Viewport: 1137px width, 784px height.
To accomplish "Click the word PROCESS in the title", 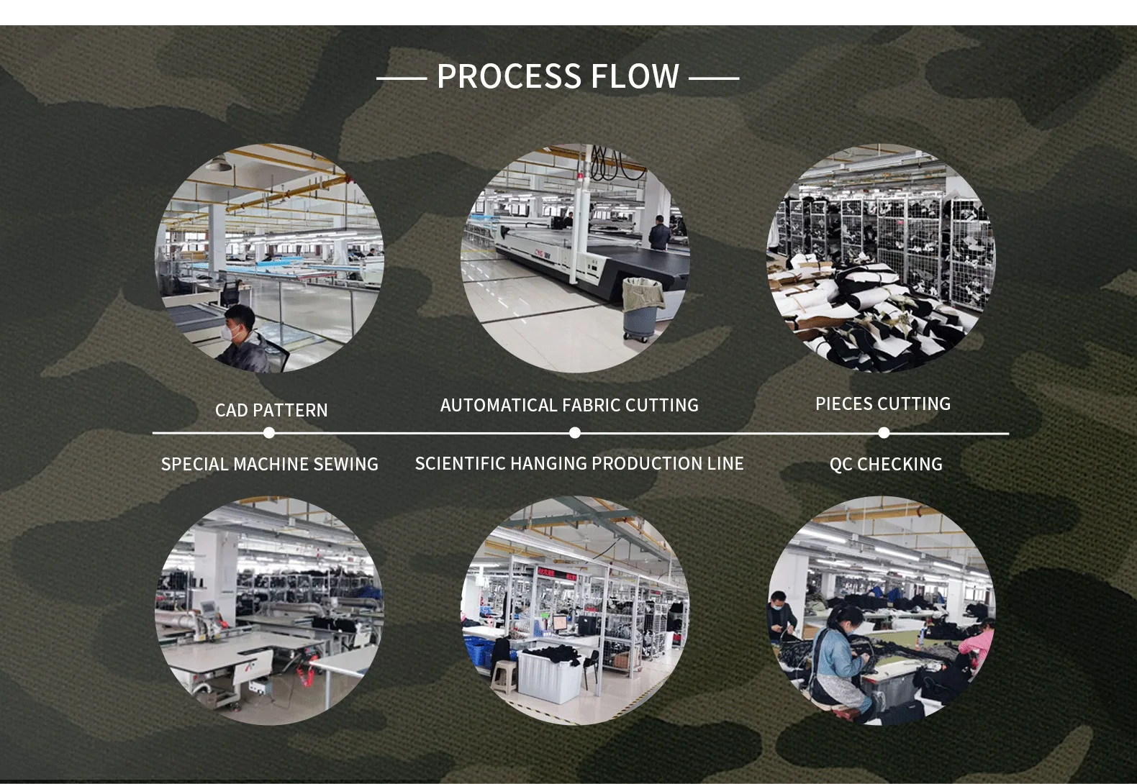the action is [509, 76].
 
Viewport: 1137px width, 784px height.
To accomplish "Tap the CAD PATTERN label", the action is [271, 410].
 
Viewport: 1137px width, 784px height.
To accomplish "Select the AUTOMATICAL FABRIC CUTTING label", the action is [569, 405].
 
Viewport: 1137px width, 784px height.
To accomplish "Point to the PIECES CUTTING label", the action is [883, 404].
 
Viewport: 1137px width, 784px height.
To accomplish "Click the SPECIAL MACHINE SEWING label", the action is [270, 464].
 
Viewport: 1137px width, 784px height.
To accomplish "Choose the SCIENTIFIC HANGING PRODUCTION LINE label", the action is [579, 463].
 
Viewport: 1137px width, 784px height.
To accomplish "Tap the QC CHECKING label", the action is [886, 464].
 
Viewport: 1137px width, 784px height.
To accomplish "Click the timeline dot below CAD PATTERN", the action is [269, 433].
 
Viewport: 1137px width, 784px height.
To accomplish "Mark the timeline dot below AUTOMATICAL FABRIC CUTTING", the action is [574, 433].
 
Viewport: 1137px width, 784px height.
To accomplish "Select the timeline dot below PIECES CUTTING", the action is [884, 433].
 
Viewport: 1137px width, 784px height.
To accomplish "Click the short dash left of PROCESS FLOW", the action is [402, 78].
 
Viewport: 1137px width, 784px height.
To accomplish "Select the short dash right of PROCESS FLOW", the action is [714, 78].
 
